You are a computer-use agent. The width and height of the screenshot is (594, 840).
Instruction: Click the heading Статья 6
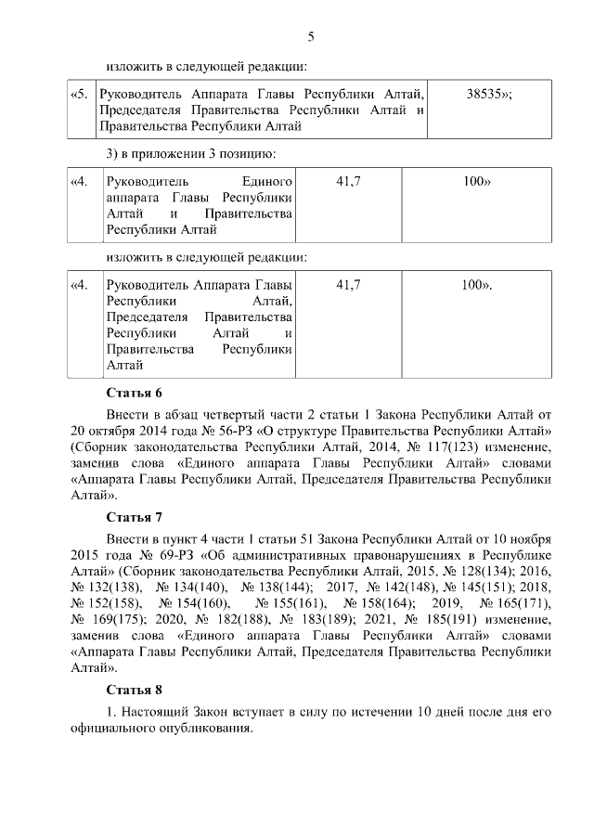[x=135, y=393]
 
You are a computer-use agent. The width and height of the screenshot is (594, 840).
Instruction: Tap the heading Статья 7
[x=135, y=515]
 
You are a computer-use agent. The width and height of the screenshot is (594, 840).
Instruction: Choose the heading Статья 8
[x=135, y=690]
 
